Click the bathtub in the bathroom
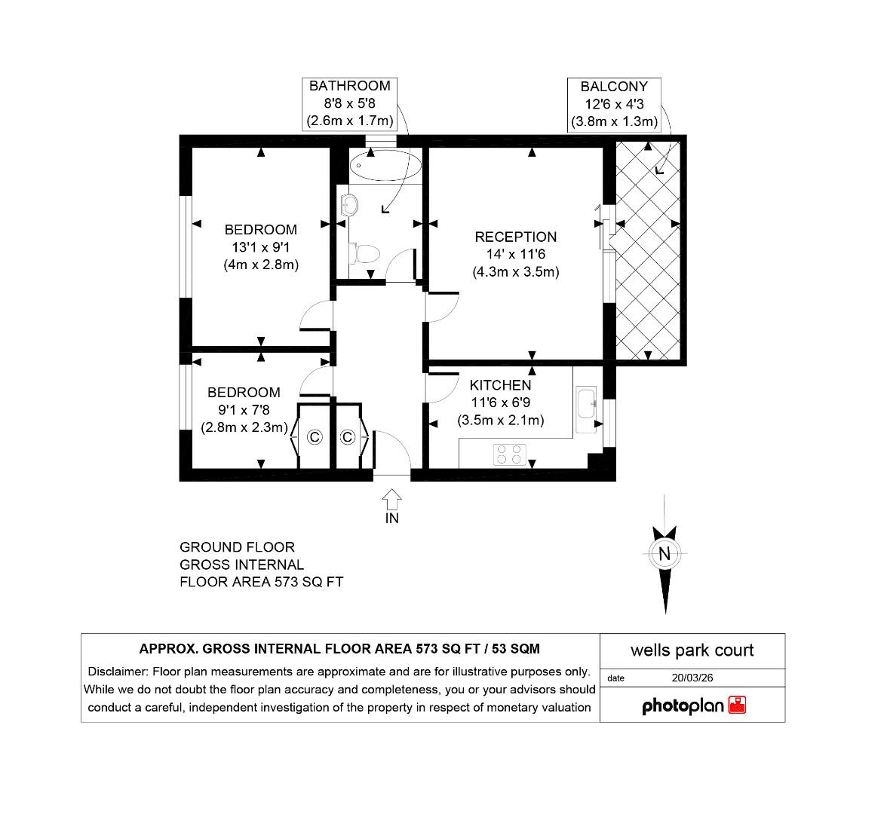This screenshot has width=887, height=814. [385, 165]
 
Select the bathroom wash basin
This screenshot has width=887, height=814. [348, 204]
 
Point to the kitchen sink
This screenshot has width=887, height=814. [586, 410]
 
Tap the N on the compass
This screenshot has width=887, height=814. [664, 554]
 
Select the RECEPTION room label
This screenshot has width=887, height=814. [515, 237]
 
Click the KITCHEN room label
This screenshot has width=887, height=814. [500, 385]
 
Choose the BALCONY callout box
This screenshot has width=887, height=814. [614, 104]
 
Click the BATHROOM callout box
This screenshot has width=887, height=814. [349, 103]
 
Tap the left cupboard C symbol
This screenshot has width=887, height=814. [315, 437]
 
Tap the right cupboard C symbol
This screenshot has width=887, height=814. [348, 437]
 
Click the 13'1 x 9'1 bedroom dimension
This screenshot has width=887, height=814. [261, 247]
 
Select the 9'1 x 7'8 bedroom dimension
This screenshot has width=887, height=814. [244, 410]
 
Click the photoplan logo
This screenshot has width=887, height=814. [693, 706]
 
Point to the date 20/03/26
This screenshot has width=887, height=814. [692, 678]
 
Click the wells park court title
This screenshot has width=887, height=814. [692, 650]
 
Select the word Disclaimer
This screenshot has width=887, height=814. [118, 672]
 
